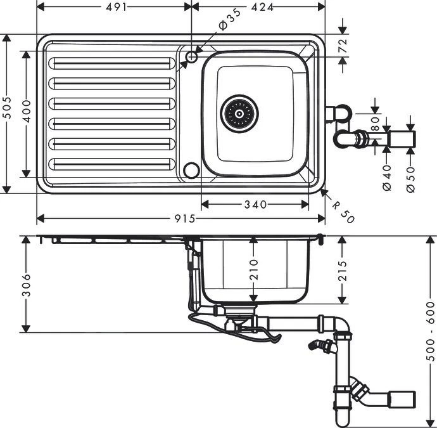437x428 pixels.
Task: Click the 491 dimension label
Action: pos(115,8)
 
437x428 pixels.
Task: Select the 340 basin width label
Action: pos(255,204)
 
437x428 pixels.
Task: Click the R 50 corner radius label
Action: pos(343,210)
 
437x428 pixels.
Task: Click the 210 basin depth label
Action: pos(253,269)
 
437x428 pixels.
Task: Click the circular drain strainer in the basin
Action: pos(239,114)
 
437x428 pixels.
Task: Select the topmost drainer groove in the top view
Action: pos(112,64)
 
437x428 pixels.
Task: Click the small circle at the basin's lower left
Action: pos(190,169)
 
